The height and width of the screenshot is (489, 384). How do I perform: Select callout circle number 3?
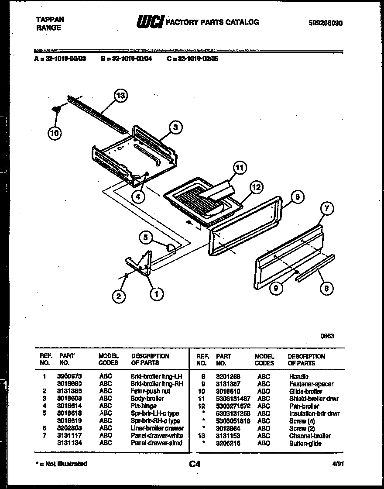click(x=175, y=127)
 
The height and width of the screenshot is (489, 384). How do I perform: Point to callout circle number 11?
click(x=239, y=168)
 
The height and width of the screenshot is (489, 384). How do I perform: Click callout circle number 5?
click(x=146, y=238)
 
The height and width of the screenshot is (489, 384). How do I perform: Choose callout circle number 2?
click(x=118, y=296)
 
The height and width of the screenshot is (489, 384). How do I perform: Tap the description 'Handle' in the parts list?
click(x=298, y=376)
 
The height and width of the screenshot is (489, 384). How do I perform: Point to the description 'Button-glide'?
click(x=305, y=443)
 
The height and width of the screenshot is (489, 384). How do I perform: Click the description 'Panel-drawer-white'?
click(x=157, y=436)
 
